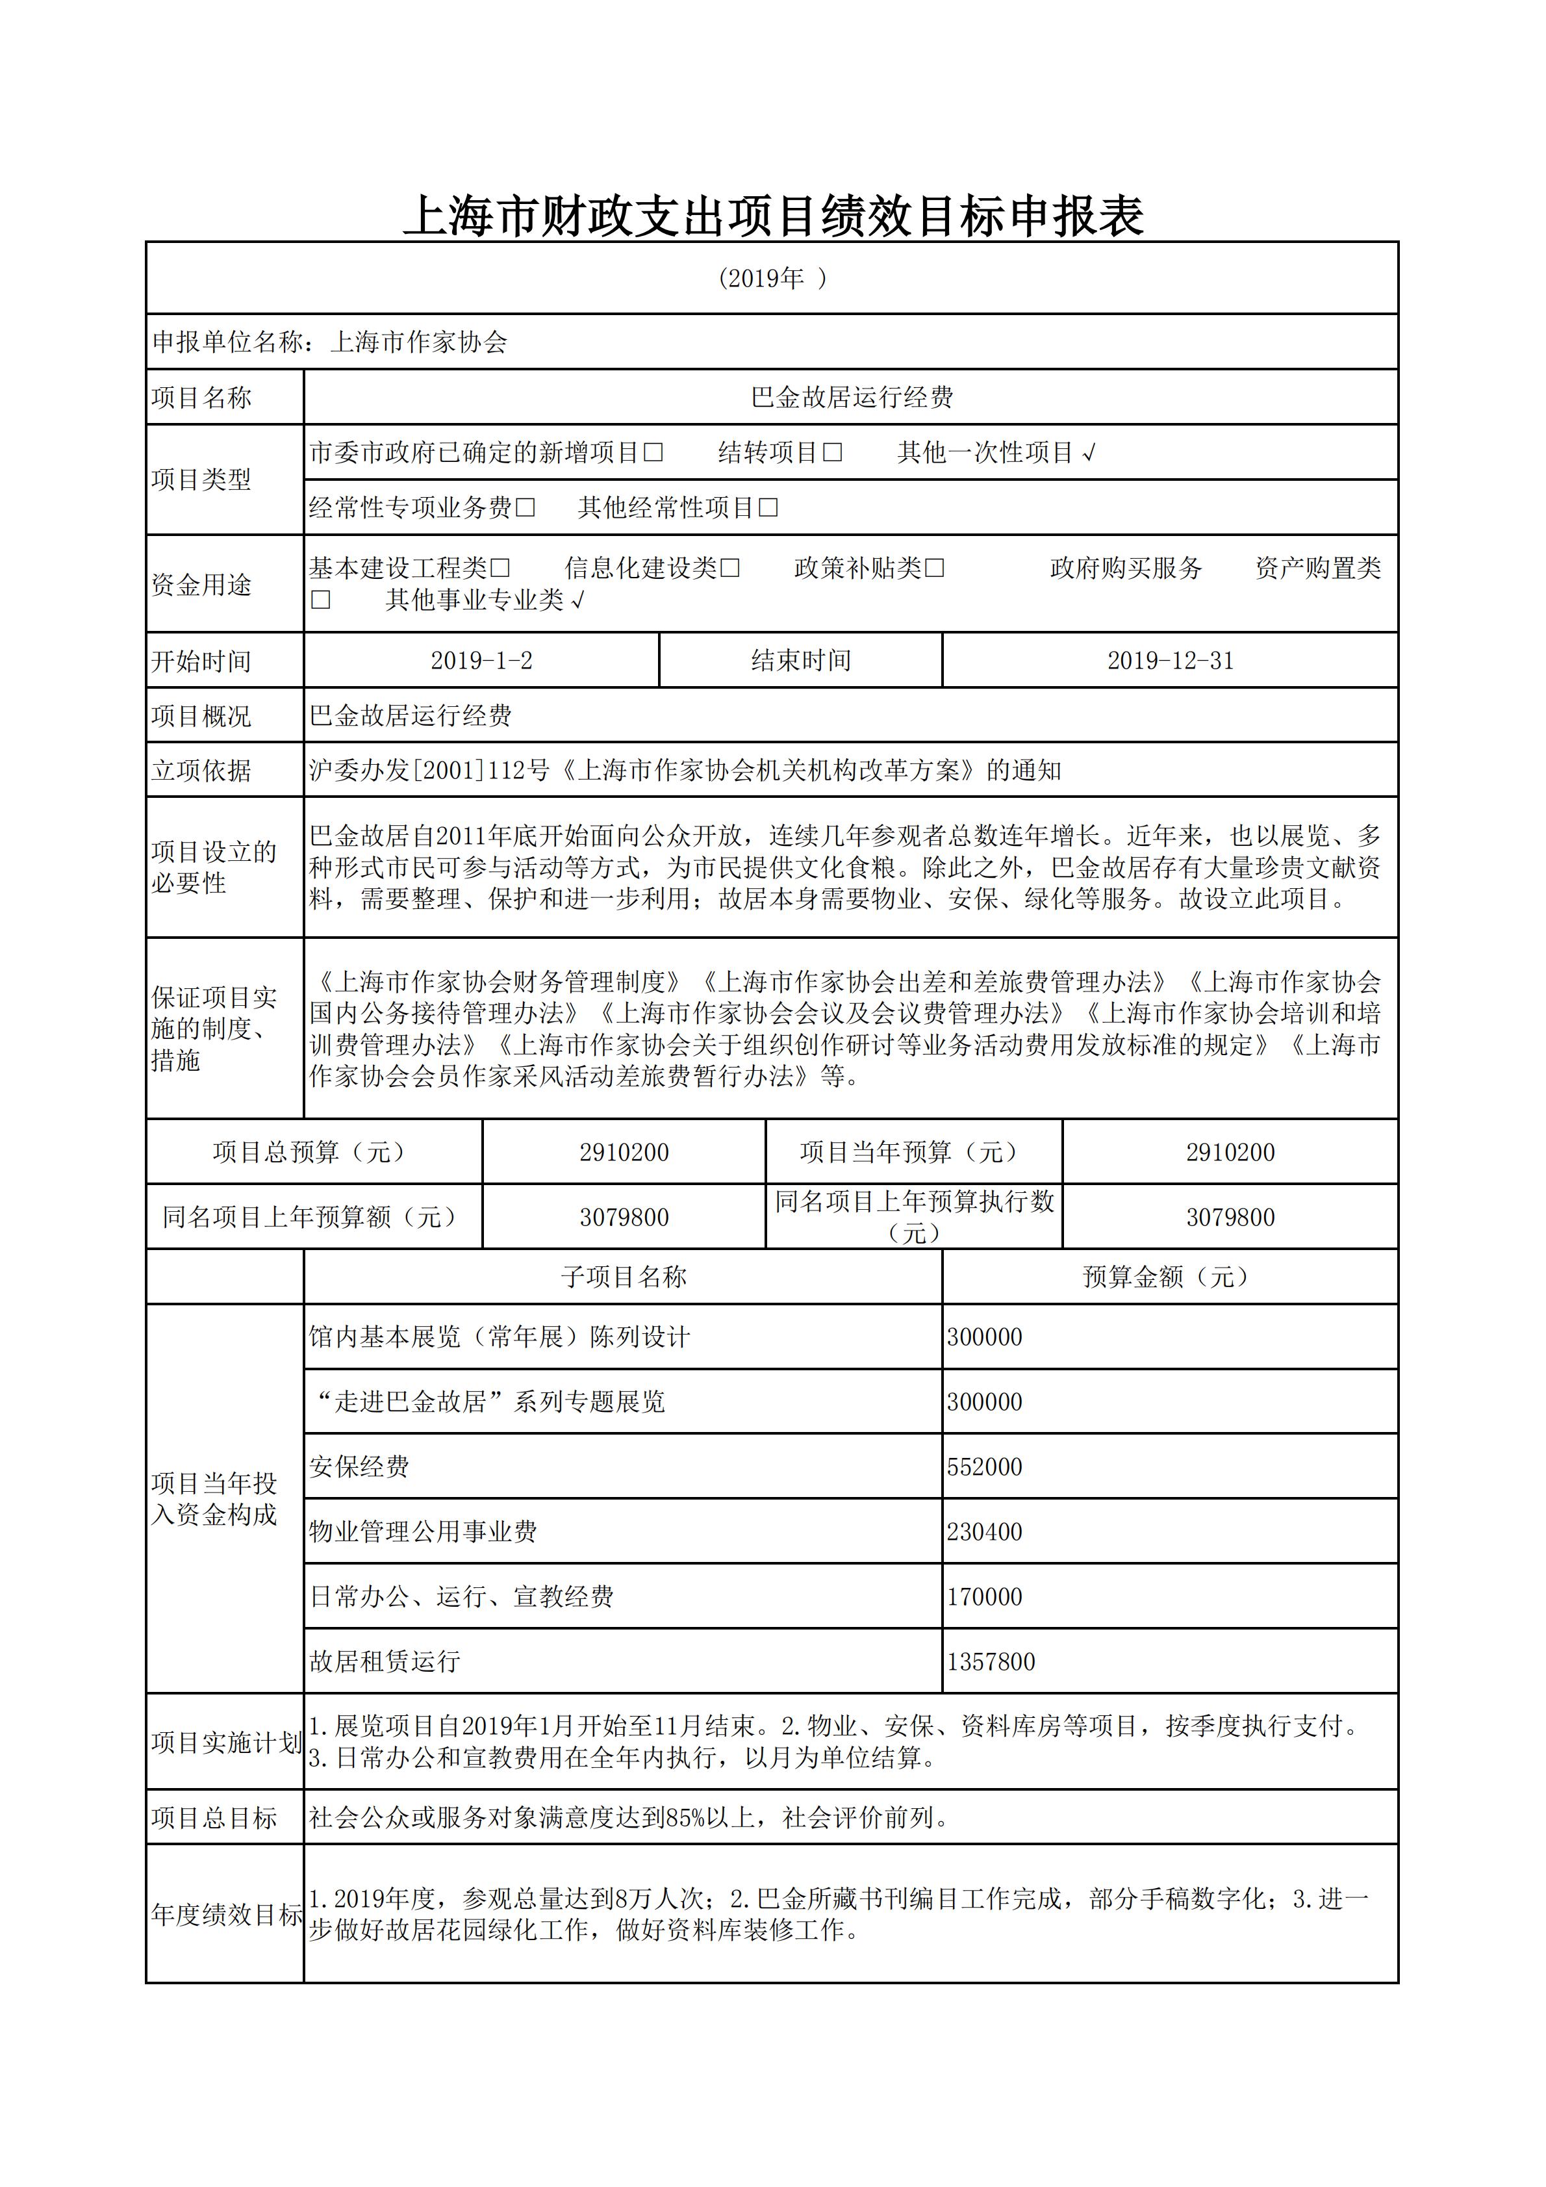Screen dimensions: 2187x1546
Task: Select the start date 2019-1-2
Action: coord(481,660)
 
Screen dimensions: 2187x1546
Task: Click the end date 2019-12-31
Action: coord(1170,660)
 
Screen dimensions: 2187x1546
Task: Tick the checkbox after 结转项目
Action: coord(833,452)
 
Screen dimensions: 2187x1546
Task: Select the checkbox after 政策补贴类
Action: coord(935,569)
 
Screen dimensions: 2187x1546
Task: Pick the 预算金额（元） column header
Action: coord(1169,1276)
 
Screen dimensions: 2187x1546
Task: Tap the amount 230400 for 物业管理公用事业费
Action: coord(984,1531)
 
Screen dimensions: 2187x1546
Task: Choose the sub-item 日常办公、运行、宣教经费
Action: coord(461,1596)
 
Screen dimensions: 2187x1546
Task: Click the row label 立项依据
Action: coord(201,771)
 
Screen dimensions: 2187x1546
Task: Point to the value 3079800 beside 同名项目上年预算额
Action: coord(624,1216)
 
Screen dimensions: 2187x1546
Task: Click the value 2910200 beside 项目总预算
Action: coord(624,1151)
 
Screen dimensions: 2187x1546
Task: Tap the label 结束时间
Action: coord(800,660)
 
